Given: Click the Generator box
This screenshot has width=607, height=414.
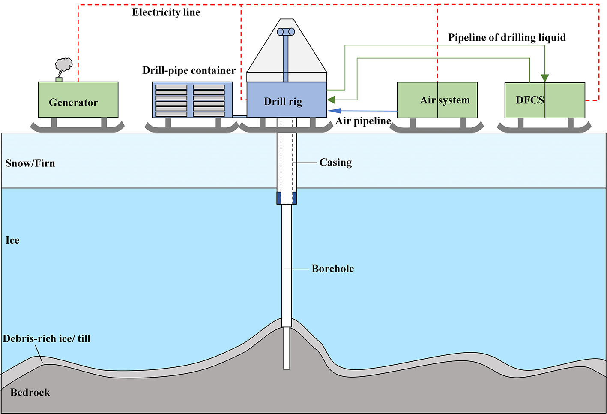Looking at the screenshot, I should pyautogui.click(x=78, y=100).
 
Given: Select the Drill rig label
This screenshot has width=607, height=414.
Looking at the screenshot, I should pyautogui.click(x=283, y=102).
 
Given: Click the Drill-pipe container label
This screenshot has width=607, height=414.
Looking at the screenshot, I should pyautogui.click(x=189, y=70).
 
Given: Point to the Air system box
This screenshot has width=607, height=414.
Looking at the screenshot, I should pyautogui.click(x=437, y=100).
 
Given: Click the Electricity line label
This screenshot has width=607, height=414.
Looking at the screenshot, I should pyautogui.click(x=166, y=12).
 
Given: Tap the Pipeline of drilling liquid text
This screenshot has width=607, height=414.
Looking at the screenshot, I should pyautogui.click(x=507, y=38).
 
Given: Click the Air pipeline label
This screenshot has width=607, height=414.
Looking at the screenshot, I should pyautogui.click(x=363, y=121).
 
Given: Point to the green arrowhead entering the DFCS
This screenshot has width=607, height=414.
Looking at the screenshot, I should pyautogui.click(x=544, y=78).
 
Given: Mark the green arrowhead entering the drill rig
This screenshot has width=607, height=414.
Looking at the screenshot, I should pyautogui.click(x=331, y=100).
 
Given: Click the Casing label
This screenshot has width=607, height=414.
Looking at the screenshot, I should pyautogui.click(x=335, y=163).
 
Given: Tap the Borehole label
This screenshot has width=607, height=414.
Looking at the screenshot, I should pyautogui.click(x=333, y=269).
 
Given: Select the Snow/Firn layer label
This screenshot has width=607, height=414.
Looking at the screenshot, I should pyautogui.click(x=30, y=163).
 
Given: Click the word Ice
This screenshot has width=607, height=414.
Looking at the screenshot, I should pyautogui.click(x=12, y=240).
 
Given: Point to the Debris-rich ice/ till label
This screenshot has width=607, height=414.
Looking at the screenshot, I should pyautogui.click(x=47, y=339).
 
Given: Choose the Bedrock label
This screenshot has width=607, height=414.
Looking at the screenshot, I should pyautogui.click(x=30, y=393).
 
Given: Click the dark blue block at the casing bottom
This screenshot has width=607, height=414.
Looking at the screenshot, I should pyautogui.click(x=287, y=198).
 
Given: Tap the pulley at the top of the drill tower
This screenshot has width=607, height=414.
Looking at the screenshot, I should pyautogui.click(x=286, y=32).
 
